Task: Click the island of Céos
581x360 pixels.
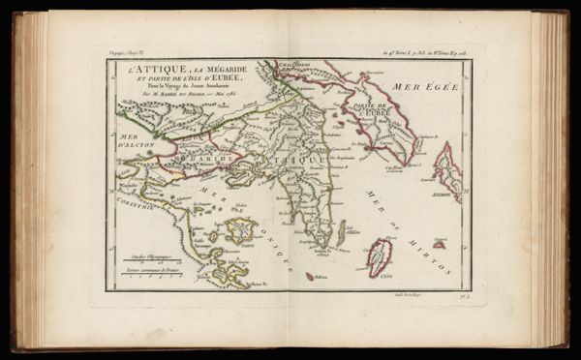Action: tap(381, 258)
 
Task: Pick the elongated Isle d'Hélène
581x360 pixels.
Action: tap(341, 232)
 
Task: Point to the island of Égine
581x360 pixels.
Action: tap(239, 230)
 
